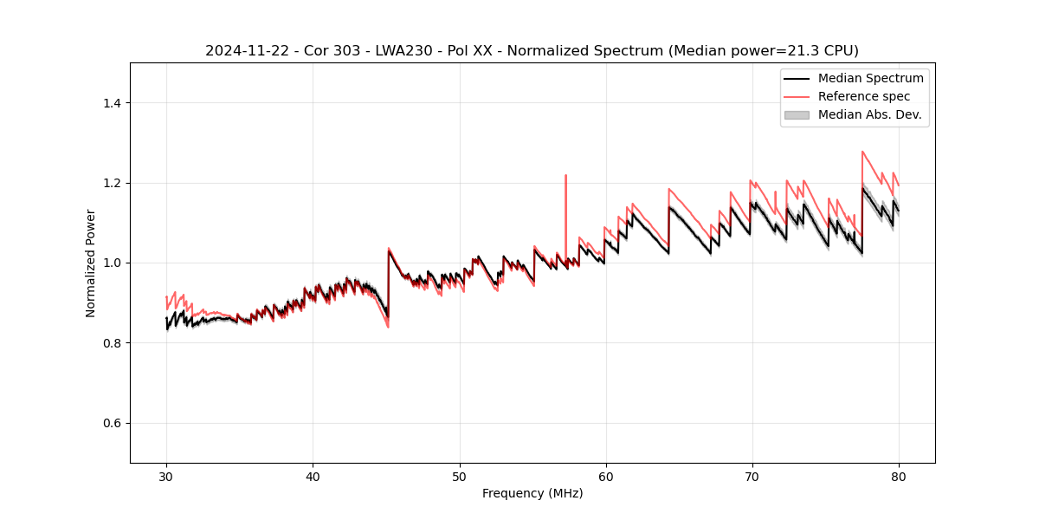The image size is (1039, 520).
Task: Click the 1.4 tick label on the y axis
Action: pos(112,103)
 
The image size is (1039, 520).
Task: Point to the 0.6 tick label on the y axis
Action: pos(112,423)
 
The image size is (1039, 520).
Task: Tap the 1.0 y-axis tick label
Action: pos(112,263)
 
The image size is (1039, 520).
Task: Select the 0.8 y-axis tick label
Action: pos(112,343)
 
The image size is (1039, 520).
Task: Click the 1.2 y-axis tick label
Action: pos(112,183)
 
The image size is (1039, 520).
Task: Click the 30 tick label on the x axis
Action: pos(166,476)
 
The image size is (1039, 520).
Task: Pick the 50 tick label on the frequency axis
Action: pos(460,476)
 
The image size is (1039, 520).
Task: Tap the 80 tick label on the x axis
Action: pos(899,476)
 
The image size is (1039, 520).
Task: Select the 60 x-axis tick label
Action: pos(606,476)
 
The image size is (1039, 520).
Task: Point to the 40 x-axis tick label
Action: pos(313,476)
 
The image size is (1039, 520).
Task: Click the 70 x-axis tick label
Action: pos(752,476)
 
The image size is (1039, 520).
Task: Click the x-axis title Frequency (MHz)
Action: pos(532,493)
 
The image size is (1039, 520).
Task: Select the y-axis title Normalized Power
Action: pos(91,263)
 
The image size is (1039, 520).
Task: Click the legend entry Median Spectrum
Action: pos(870,78)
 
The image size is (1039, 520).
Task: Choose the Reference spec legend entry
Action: pos(864,96)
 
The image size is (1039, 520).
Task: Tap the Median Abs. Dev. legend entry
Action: pos(869,114)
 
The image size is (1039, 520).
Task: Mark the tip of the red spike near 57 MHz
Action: pos(565,175)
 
